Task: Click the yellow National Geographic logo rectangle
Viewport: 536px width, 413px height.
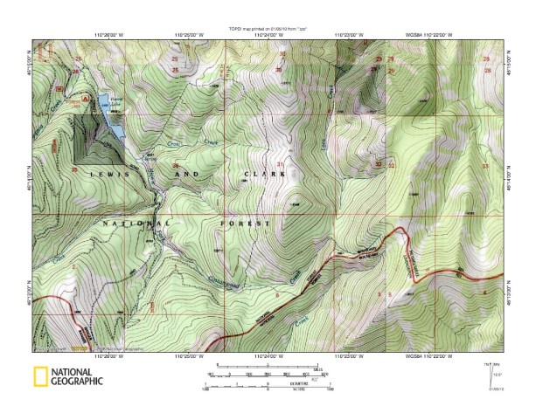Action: pyautogui.click(x=40, y=377)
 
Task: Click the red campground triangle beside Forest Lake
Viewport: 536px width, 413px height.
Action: pyautogui.click(x=86, y=99)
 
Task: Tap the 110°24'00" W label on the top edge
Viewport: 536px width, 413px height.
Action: pyautogui.click(x=268, y=36)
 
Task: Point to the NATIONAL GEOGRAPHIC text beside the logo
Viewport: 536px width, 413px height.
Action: pyautogui.click(x=78, y=377)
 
